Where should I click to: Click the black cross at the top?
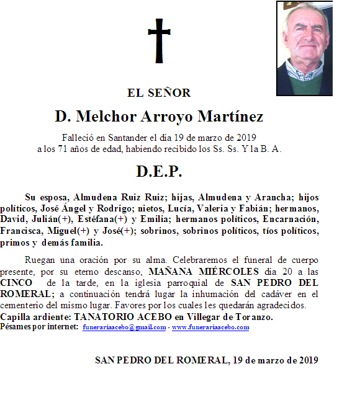[x=158, y=41]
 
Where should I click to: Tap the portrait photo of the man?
[x=304, y=48]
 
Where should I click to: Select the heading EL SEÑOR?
[x=159, y=93]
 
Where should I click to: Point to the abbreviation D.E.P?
[x=159, y=171]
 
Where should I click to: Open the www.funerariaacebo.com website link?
[x=210, y=327]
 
